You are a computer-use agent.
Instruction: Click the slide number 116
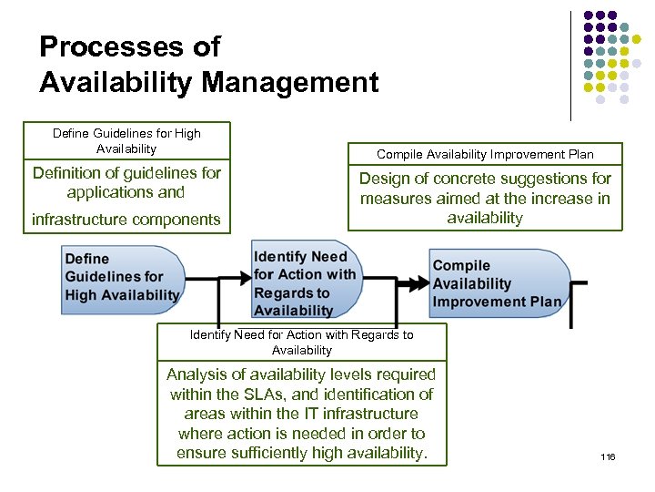tap(608, 456)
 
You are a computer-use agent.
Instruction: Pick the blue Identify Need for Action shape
tap(306, 283)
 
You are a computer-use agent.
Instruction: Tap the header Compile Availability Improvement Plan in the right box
tap(485, 155)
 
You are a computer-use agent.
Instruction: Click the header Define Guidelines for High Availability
tap(126, 140)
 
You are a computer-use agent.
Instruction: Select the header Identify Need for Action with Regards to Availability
tap(301, 342)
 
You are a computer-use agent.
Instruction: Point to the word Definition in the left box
tap(71, 173)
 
